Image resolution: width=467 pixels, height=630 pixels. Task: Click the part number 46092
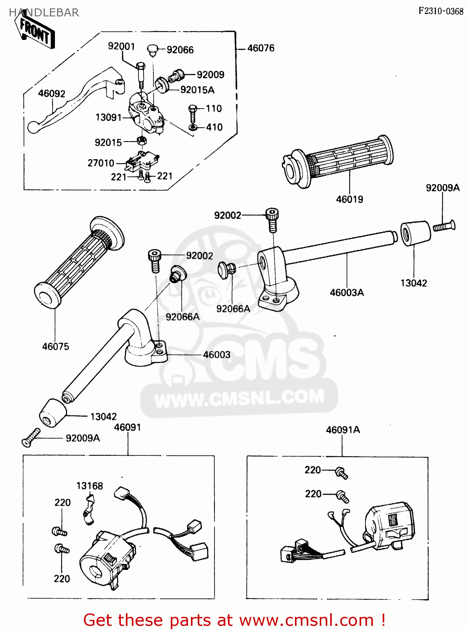click(x=52, y=93)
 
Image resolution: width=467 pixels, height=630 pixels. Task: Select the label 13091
click(x=108, y=117)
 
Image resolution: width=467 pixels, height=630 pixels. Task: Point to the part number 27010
click(x=101, y=163)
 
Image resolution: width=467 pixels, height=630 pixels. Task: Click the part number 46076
click(x=261, y=48)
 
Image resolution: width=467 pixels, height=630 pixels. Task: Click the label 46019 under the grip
click(x=350, y=199)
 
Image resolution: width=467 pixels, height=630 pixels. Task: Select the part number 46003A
click(x=347, y=293)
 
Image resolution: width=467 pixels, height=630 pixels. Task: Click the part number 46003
click(x=217, y=355)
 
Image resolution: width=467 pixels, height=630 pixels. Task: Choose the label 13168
click(x=89, y=486)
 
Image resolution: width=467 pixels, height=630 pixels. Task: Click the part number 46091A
click(x=343, y=430)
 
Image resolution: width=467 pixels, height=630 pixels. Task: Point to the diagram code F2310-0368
click(x=441, y=11)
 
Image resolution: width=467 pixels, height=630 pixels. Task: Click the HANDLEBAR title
click(x=44, y=13)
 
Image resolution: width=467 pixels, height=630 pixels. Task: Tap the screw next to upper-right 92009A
click(x=444, y=226)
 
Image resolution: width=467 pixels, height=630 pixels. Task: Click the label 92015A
click(x=197, y=90)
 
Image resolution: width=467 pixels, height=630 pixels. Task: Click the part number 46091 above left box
click(x=128, y=427)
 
